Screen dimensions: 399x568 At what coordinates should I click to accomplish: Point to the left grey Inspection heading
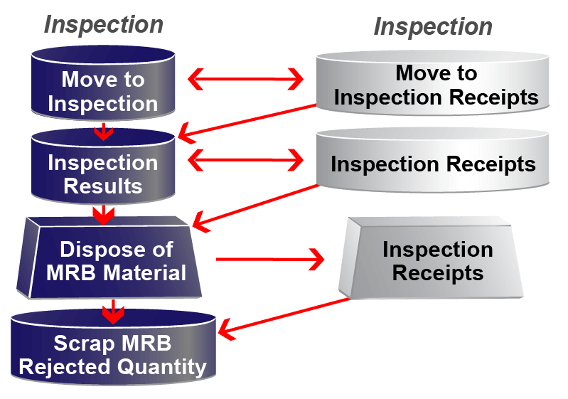[104, 25]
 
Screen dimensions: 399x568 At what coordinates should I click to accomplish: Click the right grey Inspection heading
[433, 27]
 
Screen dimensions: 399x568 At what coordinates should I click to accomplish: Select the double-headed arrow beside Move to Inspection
[245, 79]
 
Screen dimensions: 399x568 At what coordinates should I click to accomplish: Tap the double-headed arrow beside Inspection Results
[245, 161]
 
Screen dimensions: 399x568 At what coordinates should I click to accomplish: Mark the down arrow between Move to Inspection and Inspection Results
[104, 129]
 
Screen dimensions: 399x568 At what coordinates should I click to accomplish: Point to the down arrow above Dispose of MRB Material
[104, 213]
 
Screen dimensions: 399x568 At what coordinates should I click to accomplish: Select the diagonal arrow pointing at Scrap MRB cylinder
[284, 315]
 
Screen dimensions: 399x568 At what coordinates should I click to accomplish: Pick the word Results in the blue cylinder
[103, 186]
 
